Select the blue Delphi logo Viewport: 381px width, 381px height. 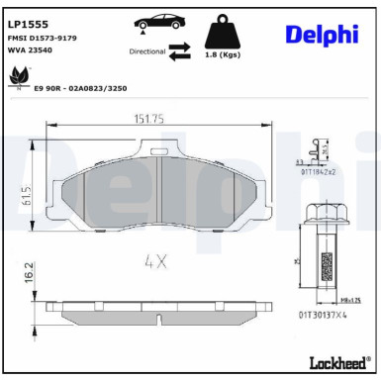(x=321, y=35)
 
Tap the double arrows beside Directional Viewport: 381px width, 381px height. (x=179, y=50)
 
